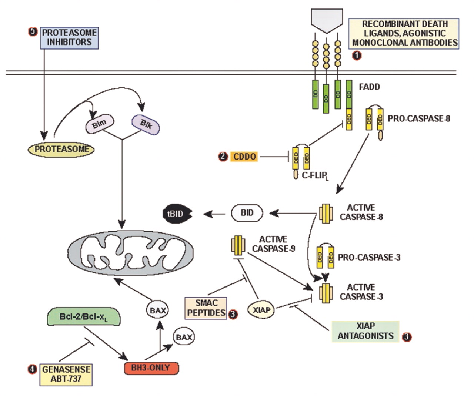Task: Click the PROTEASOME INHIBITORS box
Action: click(x=69, y=37)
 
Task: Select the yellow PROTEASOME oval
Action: click(x=61, y=149)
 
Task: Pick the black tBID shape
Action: click(x=178, y=214)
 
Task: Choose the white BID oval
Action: click(x=247, y=213)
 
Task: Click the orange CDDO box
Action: click(x=244, y=157)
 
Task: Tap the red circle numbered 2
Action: click(x=223, y=157)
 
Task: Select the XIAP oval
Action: click(x=261, y=309)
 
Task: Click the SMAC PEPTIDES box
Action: click(x=206, y=308)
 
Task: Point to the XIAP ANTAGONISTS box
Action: click(x=365, y=331)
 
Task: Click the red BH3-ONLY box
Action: click(x=151, y=368)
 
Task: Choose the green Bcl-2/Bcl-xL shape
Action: click(x=84, y=317)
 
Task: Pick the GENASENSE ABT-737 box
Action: click(x=66, y=374)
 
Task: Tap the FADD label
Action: click(x=369, y=87)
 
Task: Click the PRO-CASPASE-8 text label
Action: click(x=419, y=119)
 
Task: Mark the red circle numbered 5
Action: click(x=33, y=32)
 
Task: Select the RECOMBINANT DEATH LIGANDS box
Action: click(x=404, y=33)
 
